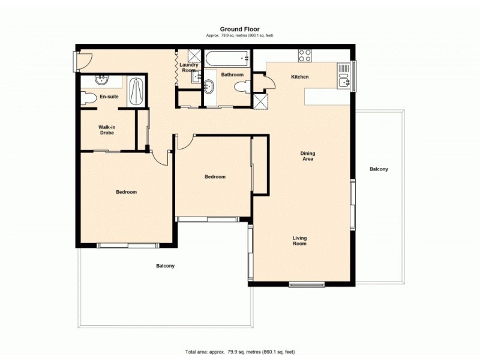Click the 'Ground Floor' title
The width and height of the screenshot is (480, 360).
coord(239,29)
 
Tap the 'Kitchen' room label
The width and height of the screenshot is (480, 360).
coord(299,77)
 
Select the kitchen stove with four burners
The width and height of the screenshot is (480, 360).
coord(305,56)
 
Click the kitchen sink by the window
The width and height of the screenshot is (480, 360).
coord(343,77)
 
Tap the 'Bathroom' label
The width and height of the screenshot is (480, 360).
coord(232,75)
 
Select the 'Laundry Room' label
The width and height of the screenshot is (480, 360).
coord(189,68)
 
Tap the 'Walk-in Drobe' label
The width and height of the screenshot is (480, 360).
coord(108,130)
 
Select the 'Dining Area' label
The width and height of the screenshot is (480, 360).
coord(307,156)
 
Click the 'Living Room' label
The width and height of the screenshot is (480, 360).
coord(299,241)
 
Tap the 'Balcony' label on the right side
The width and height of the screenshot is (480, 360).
coord(379,169)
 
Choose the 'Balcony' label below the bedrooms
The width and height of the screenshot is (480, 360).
coord(165,266)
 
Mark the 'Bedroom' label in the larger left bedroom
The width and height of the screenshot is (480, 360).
coord(126,192)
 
